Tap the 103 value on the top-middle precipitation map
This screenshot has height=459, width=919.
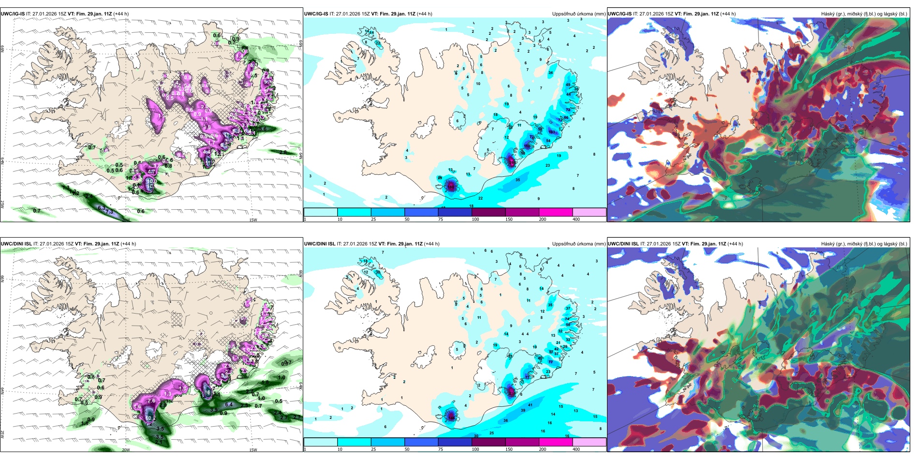click(x=552, y=132)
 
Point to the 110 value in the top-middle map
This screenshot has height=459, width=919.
click(x=527, y=146)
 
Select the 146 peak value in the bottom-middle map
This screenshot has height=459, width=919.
click(x=451, y=416)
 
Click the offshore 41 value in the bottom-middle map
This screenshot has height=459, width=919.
click(x=530, y=405)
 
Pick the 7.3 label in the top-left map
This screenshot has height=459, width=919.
click(x=109, y=212)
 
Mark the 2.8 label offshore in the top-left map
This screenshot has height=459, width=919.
click(x=283, y=152)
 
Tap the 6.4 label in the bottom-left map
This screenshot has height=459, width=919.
click(x=229, y=404)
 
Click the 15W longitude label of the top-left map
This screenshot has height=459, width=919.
click(x=252, y=220)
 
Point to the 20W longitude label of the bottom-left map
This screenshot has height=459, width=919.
click(x=126, y=450)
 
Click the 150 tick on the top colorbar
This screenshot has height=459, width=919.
click(x=509, y=219)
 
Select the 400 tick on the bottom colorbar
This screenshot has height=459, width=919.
click(x=576, y=449)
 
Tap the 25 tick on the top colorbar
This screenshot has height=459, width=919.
click(x=373, y=219)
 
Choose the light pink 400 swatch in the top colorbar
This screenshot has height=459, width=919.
click(x=589, y=212)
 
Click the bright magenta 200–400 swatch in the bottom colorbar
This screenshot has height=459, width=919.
click(x=556, y=442)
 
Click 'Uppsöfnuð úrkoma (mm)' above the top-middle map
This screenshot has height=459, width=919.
click(x=578, y=14)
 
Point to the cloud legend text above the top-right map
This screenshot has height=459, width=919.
click(x=864, y=14)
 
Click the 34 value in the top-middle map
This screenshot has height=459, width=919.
click(x=550, y=73)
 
